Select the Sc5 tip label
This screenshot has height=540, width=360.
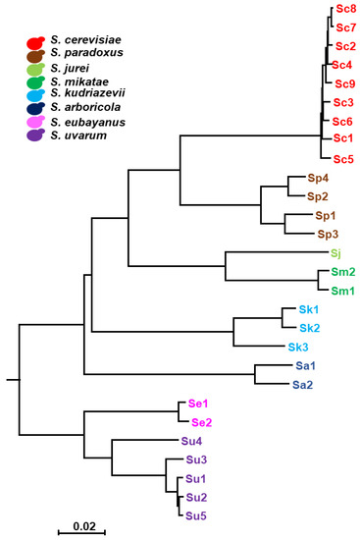pos(343,158)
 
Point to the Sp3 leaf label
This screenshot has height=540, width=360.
pos(328,234)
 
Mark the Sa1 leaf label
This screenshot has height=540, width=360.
pos(305,365)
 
